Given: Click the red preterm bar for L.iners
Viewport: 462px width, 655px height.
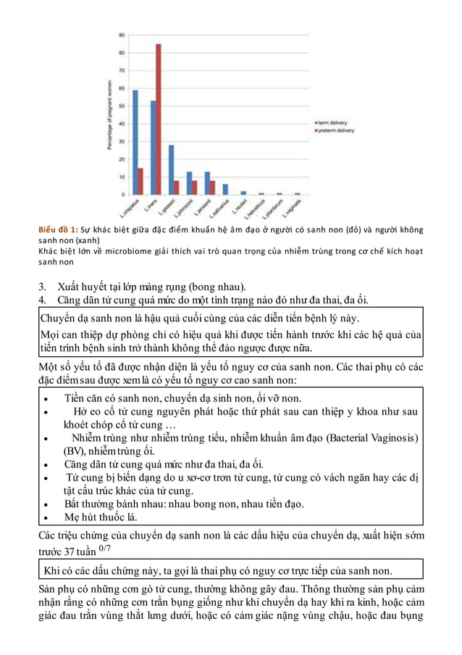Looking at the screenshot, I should click(x=159, y=119).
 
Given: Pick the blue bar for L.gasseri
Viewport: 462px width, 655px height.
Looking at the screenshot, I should click(x=171, y=170).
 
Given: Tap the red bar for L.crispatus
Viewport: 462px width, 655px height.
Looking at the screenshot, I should click(x=140, y=182).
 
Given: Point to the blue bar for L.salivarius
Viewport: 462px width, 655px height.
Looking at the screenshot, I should click(x=225, y=190).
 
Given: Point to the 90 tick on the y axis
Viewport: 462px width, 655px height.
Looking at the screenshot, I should click(x=122, y=35).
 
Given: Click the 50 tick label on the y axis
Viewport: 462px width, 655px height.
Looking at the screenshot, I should click(x=122, y=106).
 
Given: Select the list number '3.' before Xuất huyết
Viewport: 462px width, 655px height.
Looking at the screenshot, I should click(x=43, y=285).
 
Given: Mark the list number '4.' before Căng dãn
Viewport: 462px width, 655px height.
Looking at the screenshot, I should click(x=43, y=300).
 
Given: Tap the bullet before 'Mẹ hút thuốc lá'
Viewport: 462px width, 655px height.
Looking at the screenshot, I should click(x=47, y=517).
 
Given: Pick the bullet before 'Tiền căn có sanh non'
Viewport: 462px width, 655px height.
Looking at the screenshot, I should click(x=47, y=398).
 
